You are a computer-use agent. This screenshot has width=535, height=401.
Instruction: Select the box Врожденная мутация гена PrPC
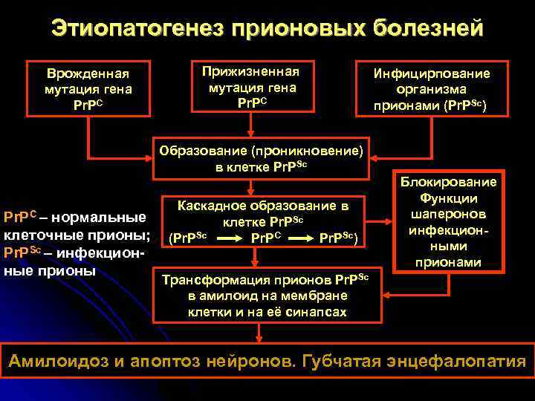coord(88,88)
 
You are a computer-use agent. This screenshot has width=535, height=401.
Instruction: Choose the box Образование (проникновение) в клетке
coord(262,157)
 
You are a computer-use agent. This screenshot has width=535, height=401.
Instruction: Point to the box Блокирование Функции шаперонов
coord(449,221)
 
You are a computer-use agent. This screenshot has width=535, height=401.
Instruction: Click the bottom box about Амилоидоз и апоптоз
coord(267,362)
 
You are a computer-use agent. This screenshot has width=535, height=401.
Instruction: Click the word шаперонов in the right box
coord(448,213)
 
